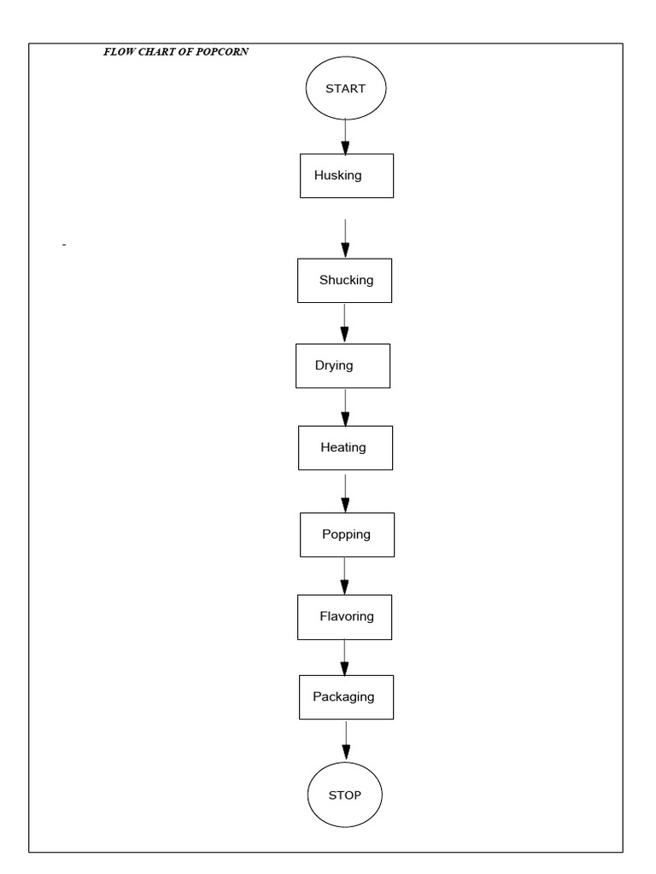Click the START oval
coord(346,88)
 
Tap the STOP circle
coord(345,795)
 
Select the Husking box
coord(346,176)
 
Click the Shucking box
coord(345,280)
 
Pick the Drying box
coord(343,365)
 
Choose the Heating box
coord(345,447)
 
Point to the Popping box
coord(347,534)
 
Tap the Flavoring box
coord(344,616)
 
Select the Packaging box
coord(346,696)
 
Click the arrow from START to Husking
coord(345,136)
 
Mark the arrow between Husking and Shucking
coord(345,238)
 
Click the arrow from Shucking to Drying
coord(344,323)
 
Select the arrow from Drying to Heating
coord(344,408)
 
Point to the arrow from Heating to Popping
coord(345,491)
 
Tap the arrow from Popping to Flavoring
coord(344,576)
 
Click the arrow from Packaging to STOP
coord(346,740)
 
